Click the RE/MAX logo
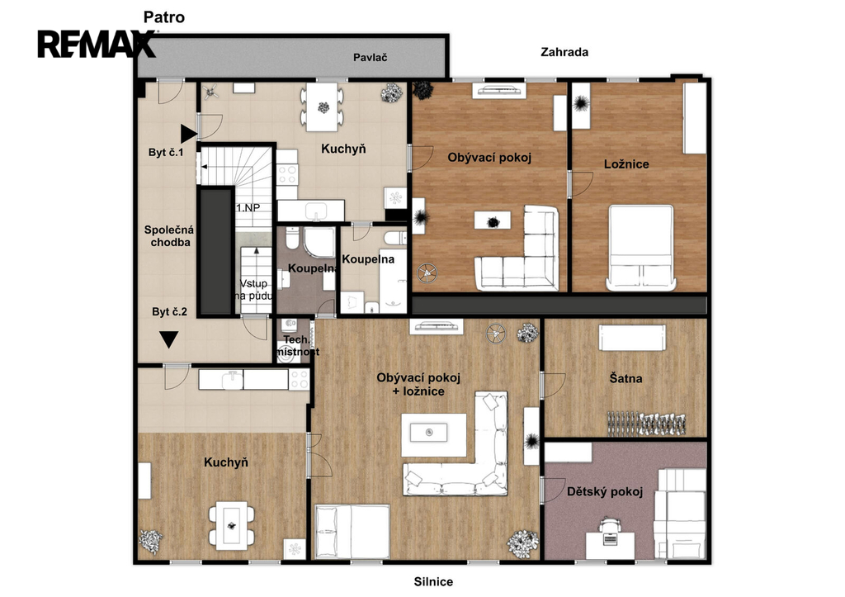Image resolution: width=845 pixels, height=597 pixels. [97, 44]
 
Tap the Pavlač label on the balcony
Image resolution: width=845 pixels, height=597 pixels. [371, 57]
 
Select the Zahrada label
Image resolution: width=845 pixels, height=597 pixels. [564, 52]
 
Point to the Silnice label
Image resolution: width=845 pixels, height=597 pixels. [433, 581]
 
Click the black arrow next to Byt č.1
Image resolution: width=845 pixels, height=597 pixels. [189, 133]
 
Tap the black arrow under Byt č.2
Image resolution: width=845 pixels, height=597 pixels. [168, 339]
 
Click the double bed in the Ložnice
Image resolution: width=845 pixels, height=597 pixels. [640, 248]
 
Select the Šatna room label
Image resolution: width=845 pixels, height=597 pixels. [625, 378]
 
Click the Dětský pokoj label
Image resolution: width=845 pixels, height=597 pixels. [605, 491]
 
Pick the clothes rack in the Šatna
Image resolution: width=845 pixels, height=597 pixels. [646, 424]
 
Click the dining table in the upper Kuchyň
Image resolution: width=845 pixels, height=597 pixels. [323, 107]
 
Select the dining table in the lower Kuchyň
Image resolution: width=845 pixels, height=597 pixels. [232, 525]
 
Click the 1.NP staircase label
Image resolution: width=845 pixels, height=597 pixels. [248, 207]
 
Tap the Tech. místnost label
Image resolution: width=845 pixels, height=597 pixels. [297, 346]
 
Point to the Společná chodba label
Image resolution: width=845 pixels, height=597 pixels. [169, 236]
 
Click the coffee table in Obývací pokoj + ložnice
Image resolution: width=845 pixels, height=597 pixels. [434, 434]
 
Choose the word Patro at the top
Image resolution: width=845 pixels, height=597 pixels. [164, 17]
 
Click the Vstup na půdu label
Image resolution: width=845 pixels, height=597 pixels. [253, 290]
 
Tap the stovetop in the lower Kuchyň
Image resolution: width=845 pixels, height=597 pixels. [299, 379]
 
